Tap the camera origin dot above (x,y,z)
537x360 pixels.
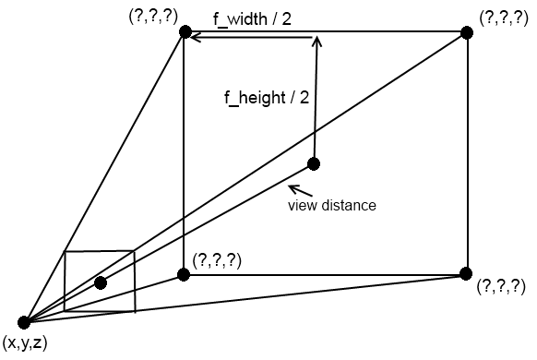point(25,322)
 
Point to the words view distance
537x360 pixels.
point(332,205)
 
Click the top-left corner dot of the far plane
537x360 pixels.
point(185,33)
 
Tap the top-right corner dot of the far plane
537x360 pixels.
point(468,33)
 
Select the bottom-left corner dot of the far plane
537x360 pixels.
point(184,274)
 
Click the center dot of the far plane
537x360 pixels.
point(314,164)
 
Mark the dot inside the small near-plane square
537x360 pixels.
point(101,282)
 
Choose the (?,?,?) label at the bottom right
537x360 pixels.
point(502,287)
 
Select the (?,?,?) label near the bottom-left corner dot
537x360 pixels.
point(217,261)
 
